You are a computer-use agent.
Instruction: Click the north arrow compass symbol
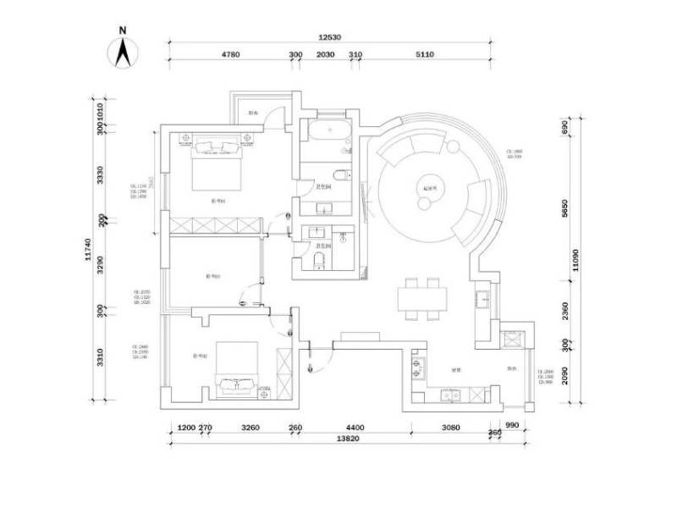(123, 48)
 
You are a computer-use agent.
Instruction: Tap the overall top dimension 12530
(330, 37)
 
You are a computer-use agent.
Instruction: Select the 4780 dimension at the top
(231, 54)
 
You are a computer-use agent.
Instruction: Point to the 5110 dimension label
(424, 54)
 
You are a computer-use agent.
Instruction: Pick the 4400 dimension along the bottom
(355, 428)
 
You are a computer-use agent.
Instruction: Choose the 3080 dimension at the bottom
(450, 428)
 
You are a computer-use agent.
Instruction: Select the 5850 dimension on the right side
(565, 208)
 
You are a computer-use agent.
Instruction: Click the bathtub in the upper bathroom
(326, 131)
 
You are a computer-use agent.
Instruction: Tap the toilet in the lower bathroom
(318, 258)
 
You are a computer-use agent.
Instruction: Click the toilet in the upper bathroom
(338, 175)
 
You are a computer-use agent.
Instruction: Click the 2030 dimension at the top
(325, 54)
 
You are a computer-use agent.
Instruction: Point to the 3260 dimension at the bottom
(250, 428)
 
